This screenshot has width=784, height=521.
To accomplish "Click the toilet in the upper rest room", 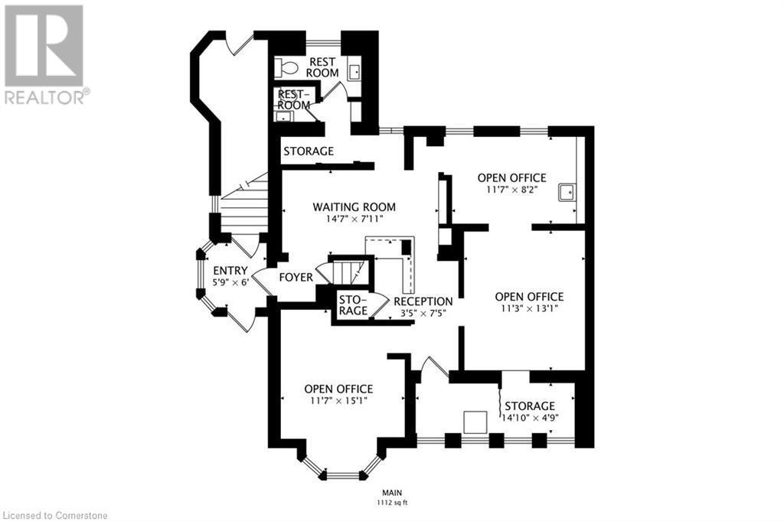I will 288,68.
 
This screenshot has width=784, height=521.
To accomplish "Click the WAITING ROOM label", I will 354,207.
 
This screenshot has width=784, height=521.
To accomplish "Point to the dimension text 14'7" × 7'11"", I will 354,219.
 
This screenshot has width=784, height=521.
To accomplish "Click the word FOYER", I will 296,277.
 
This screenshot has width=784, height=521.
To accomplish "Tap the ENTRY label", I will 230,271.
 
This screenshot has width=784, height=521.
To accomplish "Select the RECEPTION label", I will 423,301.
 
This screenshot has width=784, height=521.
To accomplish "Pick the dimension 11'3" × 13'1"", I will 529,309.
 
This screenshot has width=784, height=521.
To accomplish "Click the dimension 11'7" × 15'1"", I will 338,400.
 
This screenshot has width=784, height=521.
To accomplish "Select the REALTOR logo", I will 46,54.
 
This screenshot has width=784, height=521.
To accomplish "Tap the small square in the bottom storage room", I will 475,421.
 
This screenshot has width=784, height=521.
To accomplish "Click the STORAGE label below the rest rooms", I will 309,151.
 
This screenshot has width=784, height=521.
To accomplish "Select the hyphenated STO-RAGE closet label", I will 353,304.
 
